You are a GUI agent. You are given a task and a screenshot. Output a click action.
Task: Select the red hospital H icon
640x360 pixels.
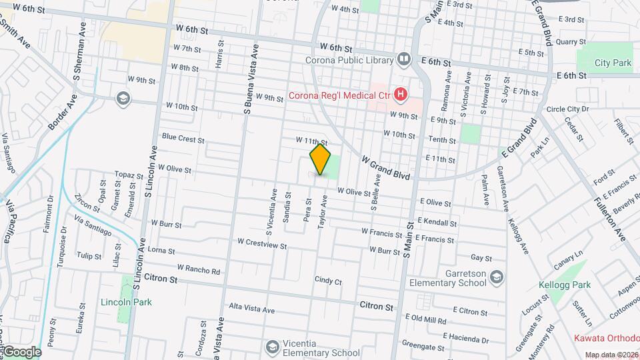point(400,95)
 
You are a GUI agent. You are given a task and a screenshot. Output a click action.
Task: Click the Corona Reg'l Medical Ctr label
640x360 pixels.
point(339,95)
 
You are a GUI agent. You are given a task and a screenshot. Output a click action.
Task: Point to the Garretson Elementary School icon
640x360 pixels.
point(495,278)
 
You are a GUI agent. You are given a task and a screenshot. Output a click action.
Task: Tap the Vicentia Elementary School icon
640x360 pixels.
point(272,347)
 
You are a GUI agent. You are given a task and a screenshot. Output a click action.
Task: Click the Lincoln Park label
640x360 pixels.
point(126,302)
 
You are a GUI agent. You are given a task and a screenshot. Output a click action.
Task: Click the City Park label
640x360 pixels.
point(613,63)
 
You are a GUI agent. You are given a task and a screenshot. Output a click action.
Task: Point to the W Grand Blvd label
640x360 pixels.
point(385,167)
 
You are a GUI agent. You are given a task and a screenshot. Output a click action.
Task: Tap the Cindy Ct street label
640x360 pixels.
point(328,281)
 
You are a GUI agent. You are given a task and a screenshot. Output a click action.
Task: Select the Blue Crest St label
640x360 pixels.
point(182,139)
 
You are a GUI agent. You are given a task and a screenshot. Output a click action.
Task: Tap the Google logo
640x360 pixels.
point(21,352)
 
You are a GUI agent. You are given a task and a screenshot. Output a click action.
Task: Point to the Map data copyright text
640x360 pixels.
point(611,355)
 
